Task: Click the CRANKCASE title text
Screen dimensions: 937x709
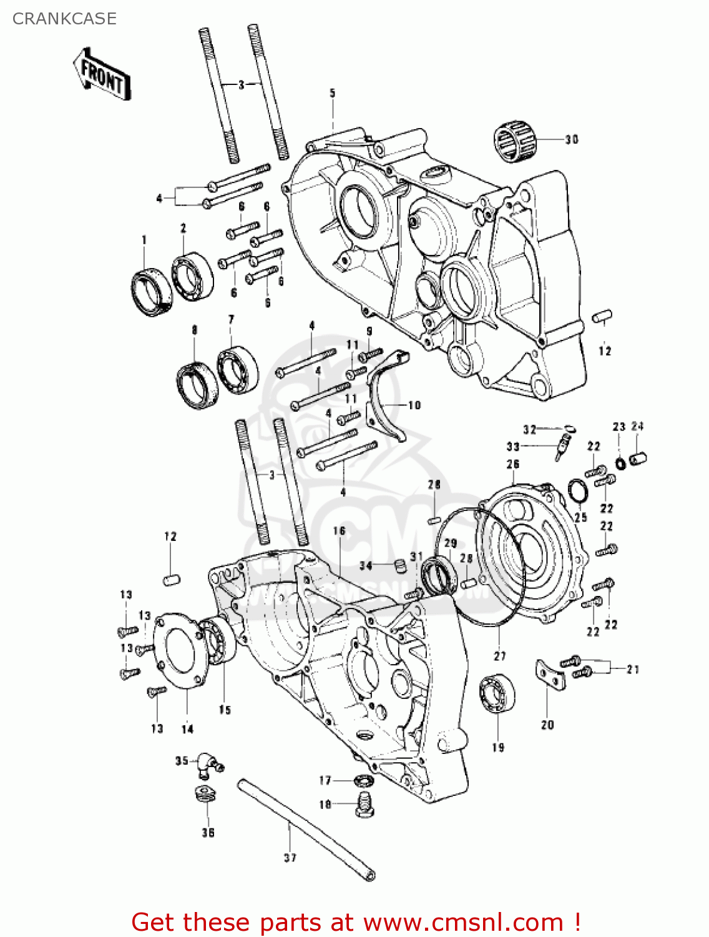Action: click(64, 19)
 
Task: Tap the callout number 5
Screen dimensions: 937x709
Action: click(333, 93)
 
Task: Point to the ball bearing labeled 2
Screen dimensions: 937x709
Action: click(192, 275)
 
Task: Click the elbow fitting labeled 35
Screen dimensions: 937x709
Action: click(208, 765)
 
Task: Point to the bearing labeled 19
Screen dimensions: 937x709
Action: click(497, 693)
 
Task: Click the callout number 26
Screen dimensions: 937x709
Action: click(513, 464)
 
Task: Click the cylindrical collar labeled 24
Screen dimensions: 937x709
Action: click(638, 459)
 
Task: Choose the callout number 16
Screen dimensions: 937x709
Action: click(339, 531)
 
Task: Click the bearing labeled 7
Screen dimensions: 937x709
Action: click(238, 370)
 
